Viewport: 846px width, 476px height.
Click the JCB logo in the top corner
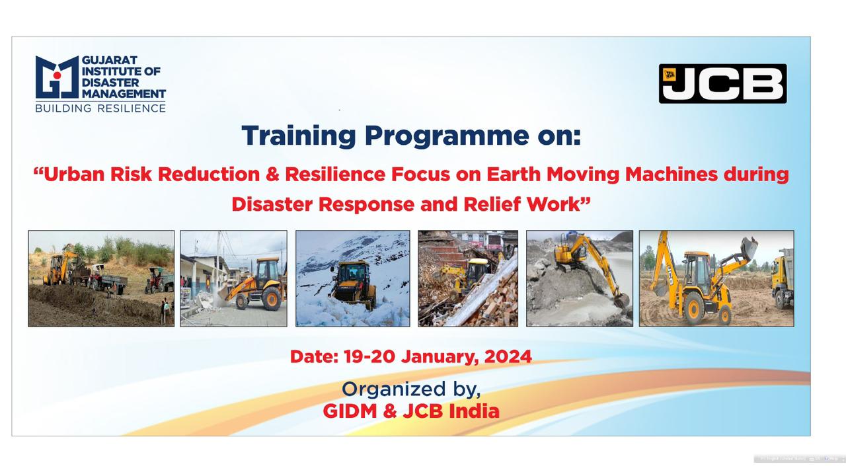pos(722,83)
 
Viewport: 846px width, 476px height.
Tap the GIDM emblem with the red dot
pos(57,77)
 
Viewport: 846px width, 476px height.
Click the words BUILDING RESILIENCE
pos(100,108)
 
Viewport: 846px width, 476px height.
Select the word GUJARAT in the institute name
pos(110,60)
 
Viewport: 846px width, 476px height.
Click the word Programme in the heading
pos(447,137)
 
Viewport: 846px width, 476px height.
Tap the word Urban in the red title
pos(74,175)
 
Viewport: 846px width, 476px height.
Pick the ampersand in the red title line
pos(272,175)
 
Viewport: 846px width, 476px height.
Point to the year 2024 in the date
pos(508,356)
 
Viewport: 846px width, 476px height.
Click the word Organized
pos(393,390)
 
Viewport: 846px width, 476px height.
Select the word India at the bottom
pos(474,411)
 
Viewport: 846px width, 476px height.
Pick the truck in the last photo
pos(782,278)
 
